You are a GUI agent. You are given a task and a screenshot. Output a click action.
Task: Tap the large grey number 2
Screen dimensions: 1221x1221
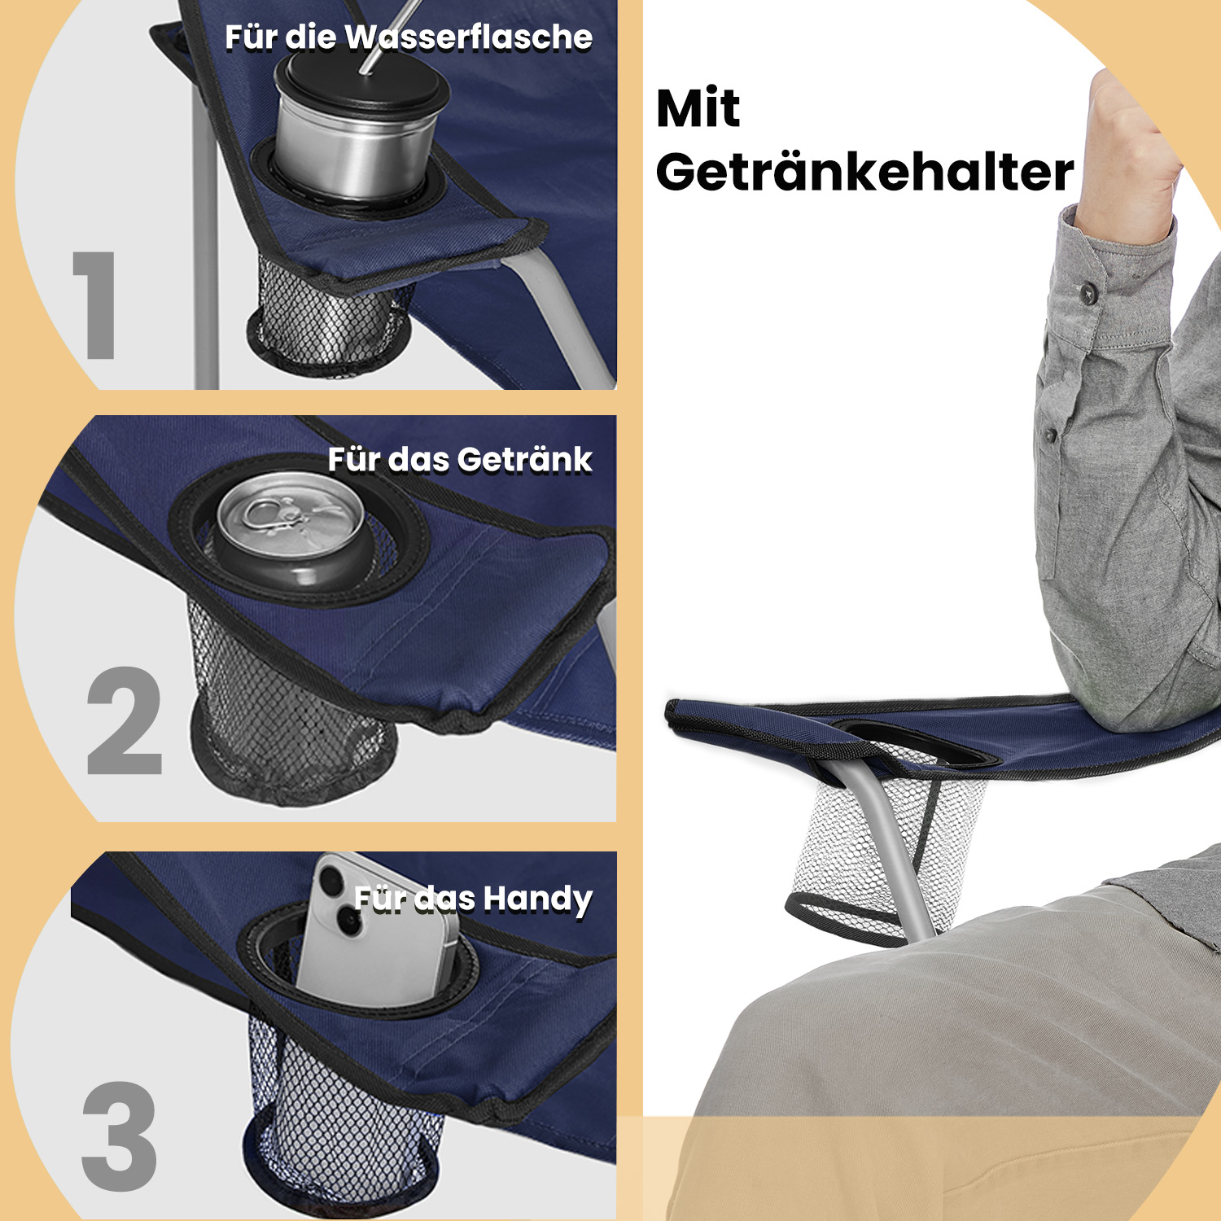pyautogui.click(x=124, y=720)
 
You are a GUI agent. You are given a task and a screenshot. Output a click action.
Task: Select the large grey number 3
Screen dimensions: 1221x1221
pyautogui.click(x=120, y=1136)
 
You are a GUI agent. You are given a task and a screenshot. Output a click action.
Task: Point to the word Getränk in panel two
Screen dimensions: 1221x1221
pyautogui.click(x=524, y=460)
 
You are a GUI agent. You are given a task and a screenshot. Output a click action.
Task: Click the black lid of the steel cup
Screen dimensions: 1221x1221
pyautogui.click(x=362, y=85)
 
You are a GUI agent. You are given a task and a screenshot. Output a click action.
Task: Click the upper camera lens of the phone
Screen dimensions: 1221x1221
pyautogui.click(x=333, y=882)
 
